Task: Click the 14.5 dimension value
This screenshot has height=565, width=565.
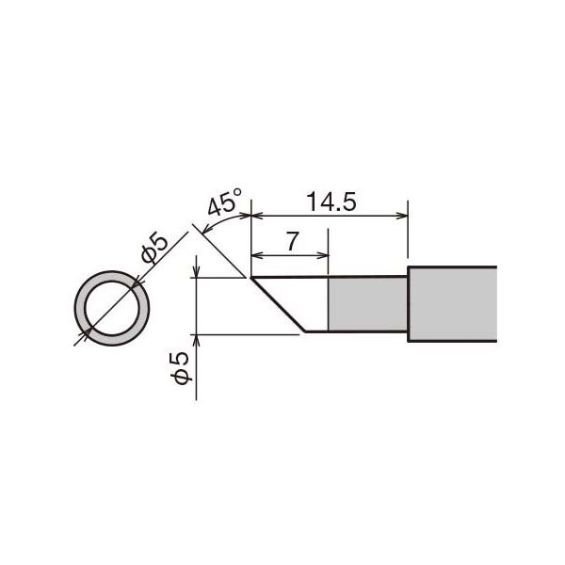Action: pos(331,202)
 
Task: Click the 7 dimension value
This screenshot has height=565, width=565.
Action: pos(292,241)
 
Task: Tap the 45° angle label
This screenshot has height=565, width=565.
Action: pos(225,202)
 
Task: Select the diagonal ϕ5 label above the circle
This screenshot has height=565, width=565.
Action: pos(154,249)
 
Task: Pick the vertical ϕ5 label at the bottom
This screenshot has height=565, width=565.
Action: pos(181,368)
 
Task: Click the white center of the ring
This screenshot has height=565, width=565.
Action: pos(112,309)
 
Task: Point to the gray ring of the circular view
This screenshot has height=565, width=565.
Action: pos(80,309)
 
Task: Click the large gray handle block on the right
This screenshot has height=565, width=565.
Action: pos(453,304)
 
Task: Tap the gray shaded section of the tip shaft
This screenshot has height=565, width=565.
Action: pos(367,304)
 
